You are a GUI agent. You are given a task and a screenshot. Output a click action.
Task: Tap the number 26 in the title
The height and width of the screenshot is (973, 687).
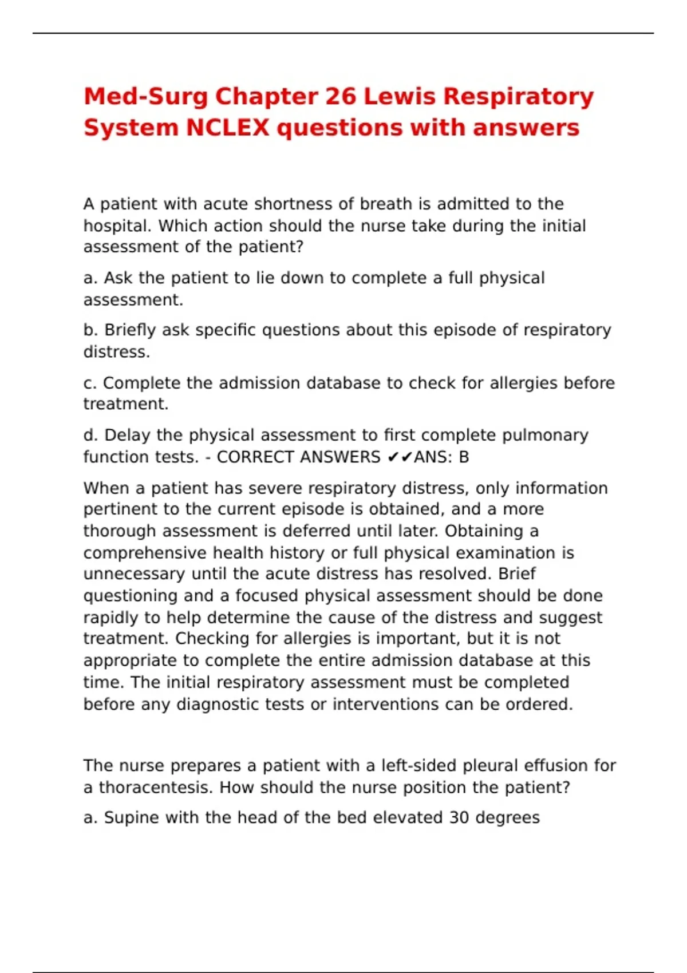tap(341, 97)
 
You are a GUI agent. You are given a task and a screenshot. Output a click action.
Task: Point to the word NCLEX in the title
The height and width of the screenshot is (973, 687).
tap(227, 128)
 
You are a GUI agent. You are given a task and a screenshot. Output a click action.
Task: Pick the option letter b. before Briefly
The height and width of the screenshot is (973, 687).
tap(91, 330)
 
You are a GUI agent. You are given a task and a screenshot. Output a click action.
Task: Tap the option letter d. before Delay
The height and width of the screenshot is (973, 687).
tap(91, 436)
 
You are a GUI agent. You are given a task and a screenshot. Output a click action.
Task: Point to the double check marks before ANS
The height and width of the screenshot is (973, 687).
tap(400, 457)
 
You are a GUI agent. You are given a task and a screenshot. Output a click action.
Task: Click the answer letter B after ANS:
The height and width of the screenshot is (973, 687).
tap(464, 457)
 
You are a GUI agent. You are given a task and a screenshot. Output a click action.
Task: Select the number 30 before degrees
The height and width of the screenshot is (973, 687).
tap(459, 818)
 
